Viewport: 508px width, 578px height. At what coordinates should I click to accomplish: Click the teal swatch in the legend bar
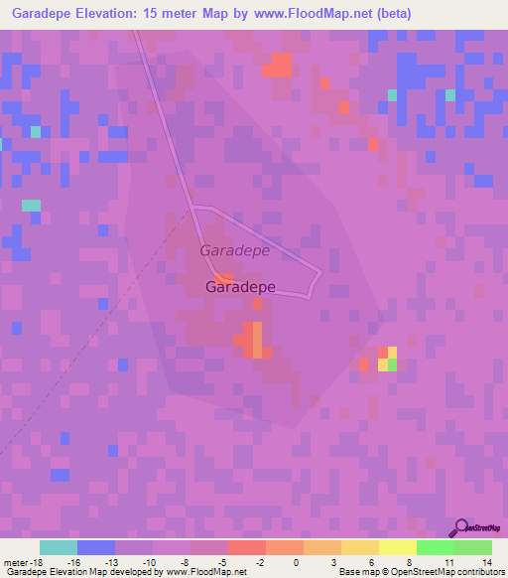coord(59,548)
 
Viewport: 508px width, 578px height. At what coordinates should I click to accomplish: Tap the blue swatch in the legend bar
coord(96,548)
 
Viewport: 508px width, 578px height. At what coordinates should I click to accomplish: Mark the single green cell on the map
coord(392,364)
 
